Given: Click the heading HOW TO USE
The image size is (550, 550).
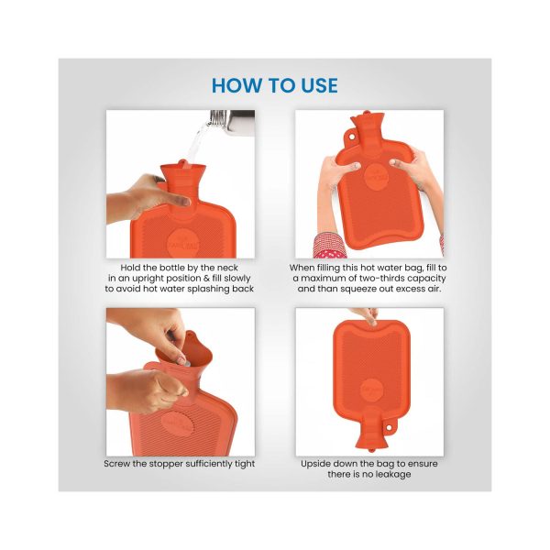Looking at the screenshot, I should pos(274,86).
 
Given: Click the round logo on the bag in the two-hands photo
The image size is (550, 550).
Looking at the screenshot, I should pos(375,176).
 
